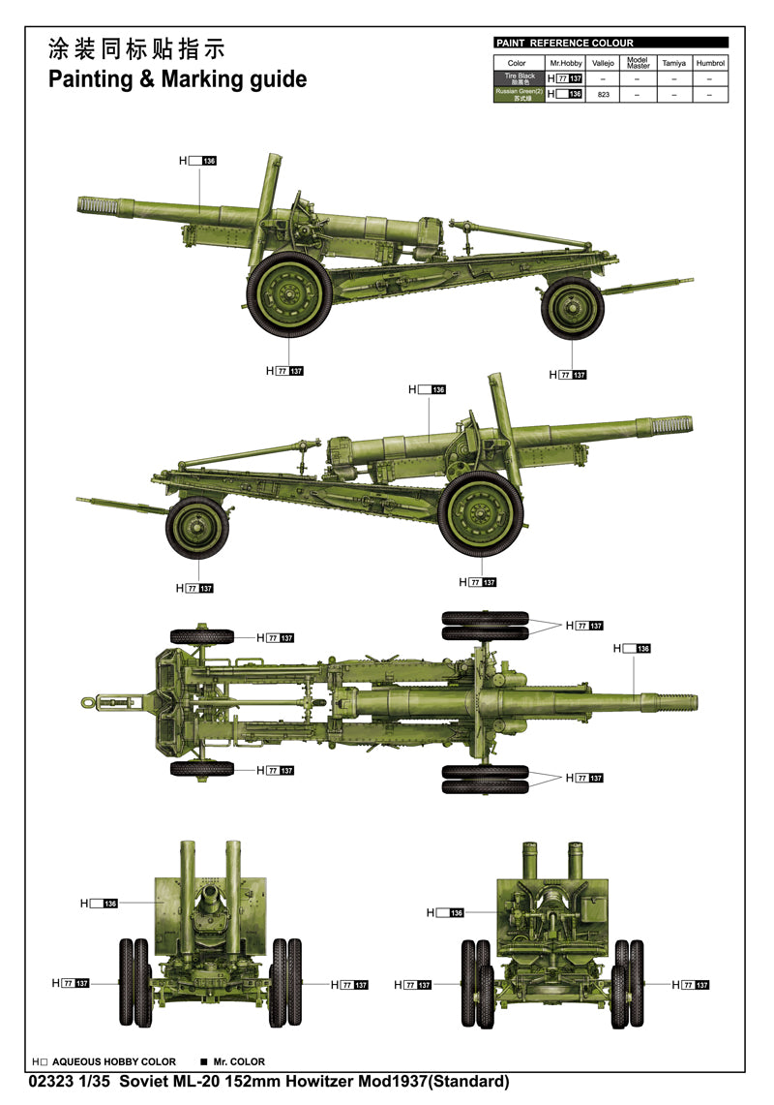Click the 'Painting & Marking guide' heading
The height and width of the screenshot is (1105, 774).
tap(177, 78)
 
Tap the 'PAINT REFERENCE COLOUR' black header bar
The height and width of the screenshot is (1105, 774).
tap(610, 43)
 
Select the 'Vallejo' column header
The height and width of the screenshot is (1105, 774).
tap(603, 63)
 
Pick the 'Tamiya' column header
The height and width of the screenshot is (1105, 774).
tap(673, 63)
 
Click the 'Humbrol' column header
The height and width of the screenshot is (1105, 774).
tap(711, 63)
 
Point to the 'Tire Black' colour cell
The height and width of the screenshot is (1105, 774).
tap(519, 77)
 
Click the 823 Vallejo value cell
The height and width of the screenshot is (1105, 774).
tap(603, 95)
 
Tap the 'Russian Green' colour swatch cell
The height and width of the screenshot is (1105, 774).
tap(519, 94)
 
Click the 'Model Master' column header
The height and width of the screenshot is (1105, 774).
tap(638, 63)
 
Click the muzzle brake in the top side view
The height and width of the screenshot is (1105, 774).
tap(98, 205)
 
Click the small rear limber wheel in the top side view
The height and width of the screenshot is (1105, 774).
tap(572, 308)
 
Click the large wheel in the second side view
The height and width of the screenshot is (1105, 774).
tap(480, 514)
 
